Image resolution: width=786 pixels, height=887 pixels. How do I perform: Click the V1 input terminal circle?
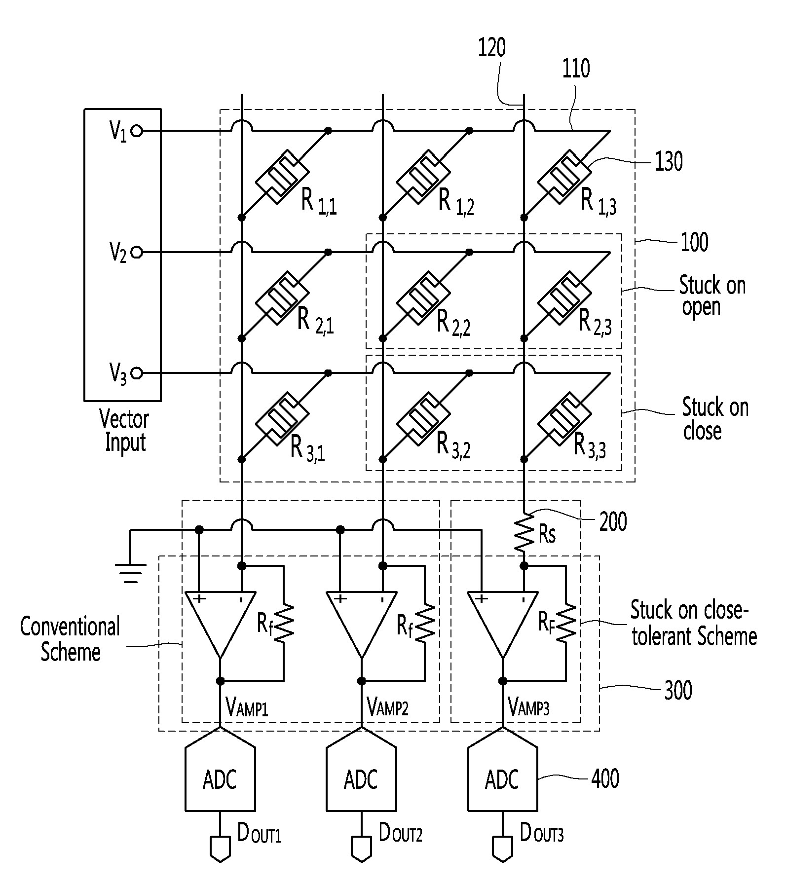(137, 131)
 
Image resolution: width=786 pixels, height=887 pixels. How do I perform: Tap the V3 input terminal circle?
(137, 373)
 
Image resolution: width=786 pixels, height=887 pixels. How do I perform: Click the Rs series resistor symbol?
(524, 534)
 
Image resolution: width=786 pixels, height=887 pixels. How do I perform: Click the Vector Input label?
(124, 430)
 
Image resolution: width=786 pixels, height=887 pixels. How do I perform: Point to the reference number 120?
(492, 48)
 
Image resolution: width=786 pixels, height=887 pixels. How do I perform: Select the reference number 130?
(669, 162)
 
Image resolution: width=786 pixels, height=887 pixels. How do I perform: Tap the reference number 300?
(678, 690)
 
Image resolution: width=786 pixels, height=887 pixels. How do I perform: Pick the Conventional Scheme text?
(70, 639)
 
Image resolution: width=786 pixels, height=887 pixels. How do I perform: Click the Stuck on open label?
(712, 296)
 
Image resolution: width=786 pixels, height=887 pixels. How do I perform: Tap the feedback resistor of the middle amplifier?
(424, 624)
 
